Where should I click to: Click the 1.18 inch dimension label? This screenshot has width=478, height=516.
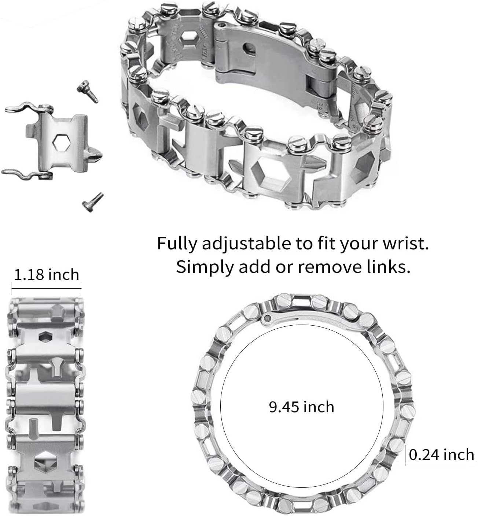46,275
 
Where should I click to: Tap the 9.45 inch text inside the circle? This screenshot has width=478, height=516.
301,407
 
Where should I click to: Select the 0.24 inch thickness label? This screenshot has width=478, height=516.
441,455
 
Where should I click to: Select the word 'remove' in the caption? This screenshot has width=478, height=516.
324,267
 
